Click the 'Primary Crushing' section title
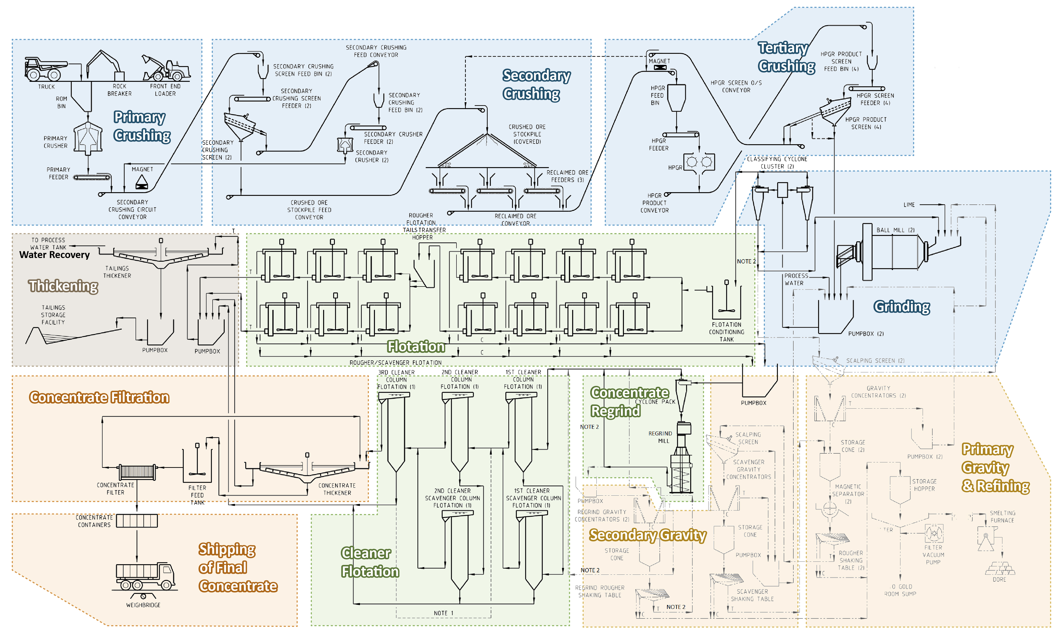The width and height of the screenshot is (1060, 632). tap(142, 126)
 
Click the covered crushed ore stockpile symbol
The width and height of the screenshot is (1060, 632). tap(487, 151)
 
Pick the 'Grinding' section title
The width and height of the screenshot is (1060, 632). tap(901, 307)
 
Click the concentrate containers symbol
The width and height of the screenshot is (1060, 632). tap(137, 521)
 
